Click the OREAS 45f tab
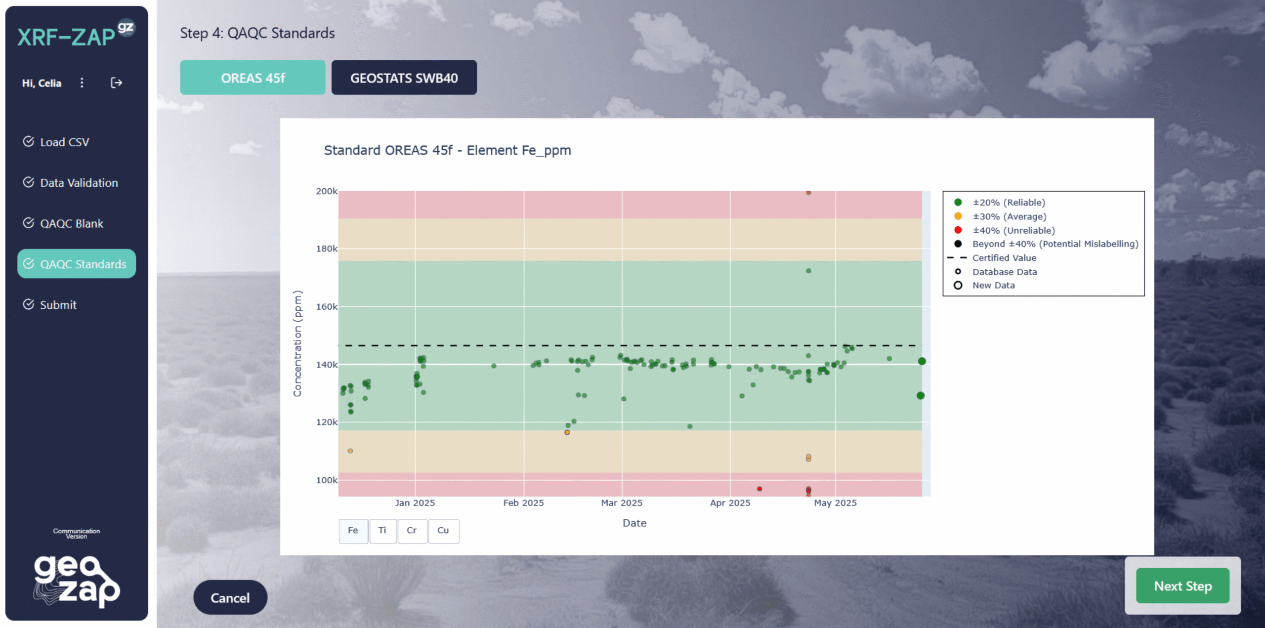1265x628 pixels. pos(253,78)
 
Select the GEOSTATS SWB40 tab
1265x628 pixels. pos(404,78)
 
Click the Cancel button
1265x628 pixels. pos(230,597)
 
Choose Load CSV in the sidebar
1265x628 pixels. pos(64,142)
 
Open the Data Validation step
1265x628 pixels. pos(79,183)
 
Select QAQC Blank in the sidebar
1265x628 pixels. pos(71,223)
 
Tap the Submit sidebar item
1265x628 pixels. pos(58,305)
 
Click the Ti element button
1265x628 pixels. pos(382,530)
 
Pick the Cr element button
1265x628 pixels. pos(412,530)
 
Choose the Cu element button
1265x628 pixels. pos(443,530)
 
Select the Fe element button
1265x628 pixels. pos(353,530)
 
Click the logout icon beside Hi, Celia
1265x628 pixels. pos(116,83)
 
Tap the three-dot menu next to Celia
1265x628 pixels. pos(82,83)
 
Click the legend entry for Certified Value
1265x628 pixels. pos(1004,258)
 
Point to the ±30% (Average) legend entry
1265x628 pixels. pos(1009,216)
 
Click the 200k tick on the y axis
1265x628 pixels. pos(327,191)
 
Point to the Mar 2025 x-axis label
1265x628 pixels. pos(622,502)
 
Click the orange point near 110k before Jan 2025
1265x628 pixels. pos(350,451)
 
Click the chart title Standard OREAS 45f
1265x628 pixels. pos(447,150)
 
